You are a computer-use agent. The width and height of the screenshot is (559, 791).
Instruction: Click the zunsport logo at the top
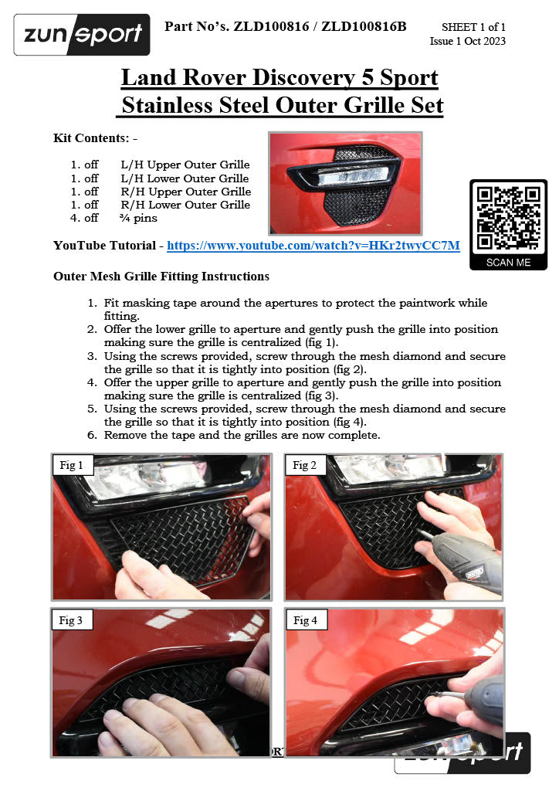pyautogui.click(x=82, y=35)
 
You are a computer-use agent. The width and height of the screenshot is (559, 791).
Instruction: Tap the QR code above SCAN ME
pyautogui.click(x=508, y=219)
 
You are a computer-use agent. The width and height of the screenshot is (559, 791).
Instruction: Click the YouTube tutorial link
pyautogui.click(x=313, y=246)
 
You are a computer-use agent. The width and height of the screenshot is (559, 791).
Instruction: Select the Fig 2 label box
pyautogui.click(x=306, y=465)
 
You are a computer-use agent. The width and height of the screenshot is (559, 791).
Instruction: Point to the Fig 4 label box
pyautogui.click(x=306, y=620)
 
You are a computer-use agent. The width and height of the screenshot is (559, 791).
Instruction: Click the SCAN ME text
pyautogui.click(x=508, y=262)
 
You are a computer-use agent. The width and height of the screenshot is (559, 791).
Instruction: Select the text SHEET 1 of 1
pyautogui.click(x=473, y=28)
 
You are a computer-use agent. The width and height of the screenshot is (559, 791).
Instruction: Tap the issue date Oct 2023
pyautogui.click(x=486, y=41)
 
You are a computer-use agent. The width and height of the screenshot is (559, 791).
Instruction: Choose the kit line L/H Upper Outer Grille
pyautogui.click(x=185, y=165)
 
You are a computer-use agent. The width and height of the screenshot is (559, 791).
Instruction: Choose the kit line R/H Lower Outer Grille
pyautogui.click(x=185, y=205)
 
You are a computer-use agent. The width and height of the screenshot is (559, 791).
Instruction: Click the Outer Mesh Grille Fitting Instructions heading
pyautogui.click(x=161, y=276)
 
